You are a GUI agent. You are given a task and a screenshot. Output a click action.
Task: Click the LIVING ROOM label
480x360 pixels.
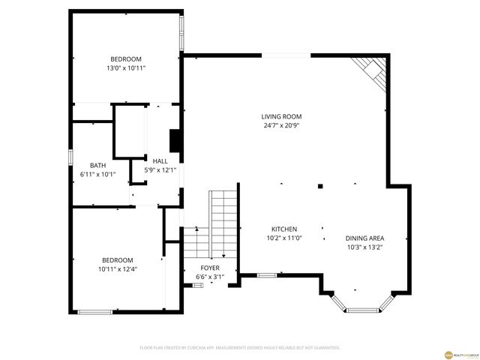[x=281, y=116]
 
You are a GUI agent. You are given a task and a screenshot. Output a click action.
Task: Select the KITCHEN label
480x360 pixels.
[x=284, y=229]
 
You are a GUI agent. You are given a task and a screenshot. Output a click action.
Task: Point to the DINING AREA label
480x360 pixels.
[x=364, y=238]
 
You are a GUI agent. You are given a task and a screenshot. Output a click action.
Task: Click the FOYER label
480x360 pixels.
[x=210, y=268]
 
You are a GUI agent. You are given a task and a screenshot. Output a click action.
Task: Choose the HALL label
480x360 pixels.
[x=160, y=161]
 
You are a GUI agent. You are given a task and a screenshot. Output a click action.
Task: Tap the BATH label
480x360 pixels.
[x=97, y=166]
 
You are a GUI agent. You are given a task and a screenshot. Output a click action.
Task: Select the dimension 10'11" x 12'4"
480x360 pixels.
[x=117, y=268]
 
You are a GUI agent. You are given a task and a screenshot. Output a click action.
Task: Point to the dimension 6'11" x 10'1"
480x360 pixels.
[x=97, y=175]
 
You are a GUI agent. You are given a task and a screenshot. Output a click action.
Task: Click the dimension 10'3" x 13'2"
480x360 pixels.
[x=364, y=247]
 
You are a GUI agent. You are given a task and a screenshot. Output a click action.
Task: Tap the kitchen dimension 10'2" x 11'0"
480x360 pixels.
[x=284, y=238]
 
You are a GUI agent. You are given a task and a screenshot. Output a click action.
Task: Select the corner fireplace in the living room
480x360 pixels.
[x=370, y=70]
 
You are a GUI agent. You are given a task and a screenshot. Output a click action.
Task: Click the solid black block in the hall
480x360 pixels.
[x=175, y=141]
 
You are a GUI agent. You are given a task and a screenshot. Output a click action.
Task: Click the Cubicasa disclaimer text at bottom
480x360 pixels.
[x=240, y=348]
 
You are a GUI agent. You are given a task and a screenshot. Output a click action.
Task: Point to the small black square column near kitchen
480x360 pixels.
[x=319, y=186]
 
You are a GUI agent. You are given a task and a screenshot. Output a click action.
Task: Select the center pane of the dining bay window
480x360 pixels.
[x=364, y=309]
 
